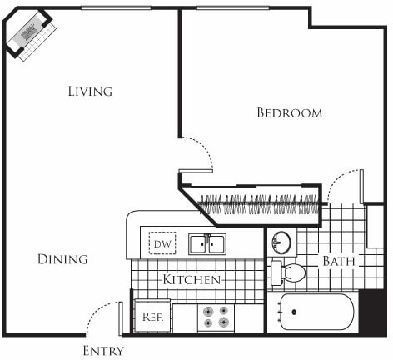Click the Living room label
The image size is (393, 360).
point(90,91)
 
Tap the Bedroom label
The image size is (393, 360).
point(289,112)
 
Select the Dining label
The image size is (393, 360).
point(62,259)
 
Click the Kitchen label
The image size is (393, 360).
point(192,279)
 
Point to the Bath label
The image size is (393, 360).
point(339,262)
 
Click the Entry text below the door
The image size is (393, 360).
point(104,351)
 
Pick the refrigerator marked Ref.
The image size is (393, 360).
point(152,317)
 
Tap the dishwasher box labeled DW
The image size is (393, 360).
point(162,244)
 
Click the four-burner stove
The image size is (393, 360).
point(216,317)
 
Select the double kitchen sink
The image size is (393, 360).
point(206,243)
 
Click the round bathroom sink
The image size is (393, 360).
point(282,243)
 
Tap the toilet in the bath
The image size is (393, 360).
point(288,272)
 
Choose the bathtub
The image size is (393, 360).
point(316,312)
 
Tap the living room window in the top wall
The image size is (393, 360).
point(116,8)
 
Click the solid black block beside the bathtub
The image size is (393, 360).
point(371,313)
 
